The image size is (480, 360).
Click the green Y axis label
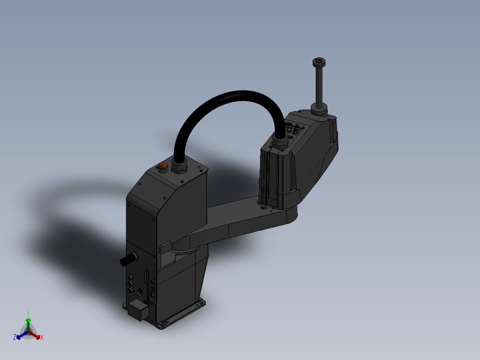pos(28,313)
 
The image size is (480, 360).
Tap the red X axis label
pos(42,338)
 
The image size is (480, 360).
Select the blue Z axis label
pos(15,337)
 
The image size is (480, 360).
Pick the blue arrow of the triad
pos(20,335)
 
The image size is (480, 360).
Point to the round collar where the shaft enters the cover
pos(319,108)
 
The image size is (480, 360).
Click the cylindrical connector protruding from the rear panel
pos(129,259)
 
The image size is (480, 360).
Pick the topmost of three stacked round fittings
pos(131,277)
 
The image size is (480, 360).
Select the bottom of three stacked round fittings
pos(131,290)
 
